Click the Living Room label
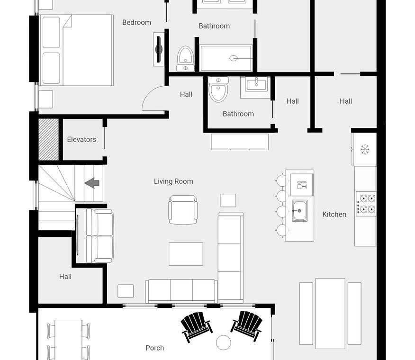point(173,181)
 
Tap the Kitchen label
point(334,215)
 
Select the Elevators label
point(81,139)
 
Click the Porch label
point(155,348)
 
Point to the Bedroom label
point(136,23)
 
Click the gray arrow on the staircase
point(92,183)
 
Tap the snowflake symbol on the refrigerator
point(365,150)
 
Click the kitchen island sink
point(300,211)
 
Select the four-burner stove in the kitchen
point(366,204)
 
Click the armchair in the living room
point(182,210)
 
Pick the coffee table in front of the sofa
point(186,254)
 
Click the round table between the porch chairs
point(224,342)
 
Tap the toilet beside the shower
point(185,59)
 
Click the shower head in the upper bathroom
point(233,58)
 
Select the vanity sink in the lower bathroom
point(256,84)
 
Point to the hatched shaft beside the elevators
point(49,139)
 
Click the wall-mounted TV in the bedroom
point(159,49)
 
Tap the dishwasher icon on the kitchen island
point(301,185)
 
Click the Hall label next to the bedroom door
point(186,95)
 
